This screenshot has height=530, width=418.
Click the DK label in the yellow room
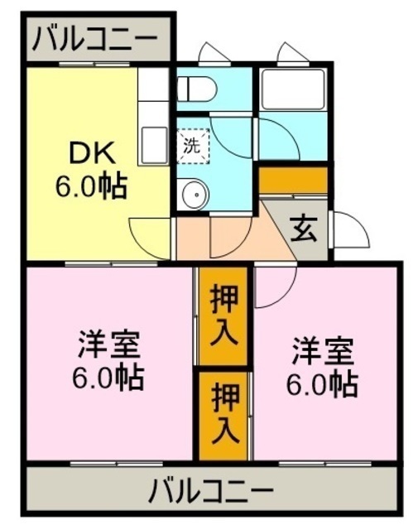[92, 153]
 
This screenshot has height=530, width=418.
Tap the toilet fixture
[197, 89]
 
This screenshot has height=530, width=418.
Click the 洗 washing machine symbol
[193, 146]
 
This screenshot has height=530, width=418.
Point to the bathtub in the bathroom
[293, 89]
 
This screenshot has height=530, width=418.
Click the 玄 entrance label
[304, 230]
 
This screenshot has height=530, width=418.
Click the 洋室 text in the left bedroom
[108, 344]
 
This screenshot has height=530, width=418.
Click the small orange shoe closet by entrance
[293, 180]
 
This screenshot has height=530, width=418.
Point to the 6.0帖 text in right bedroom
[322, 384]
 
